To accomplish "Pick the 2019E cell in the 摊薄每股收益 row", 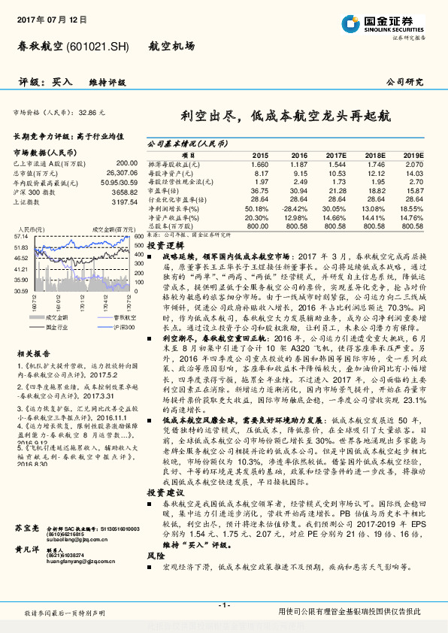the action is click(414, 163).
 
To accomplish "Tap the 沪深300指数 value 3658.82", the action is click(124, 193).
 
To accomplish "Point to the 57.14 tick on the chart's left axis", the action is click(21, 236).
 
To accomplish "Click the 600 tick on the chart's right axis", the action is click(138, 236).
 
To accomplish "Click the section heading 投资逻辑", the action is click(164, 246).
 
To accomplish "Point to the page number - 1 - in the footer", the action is click(223, 606).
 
